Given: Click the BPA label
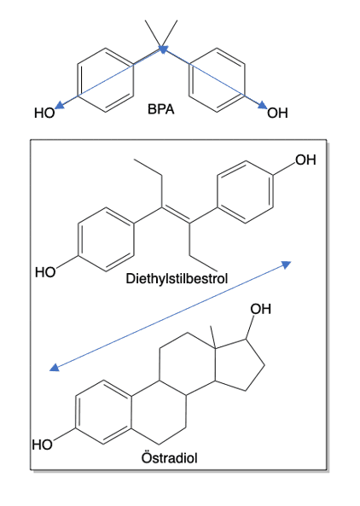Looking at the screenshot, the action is coord(161,109).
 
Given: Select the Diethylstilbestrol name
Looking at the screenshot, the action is coord(177,278).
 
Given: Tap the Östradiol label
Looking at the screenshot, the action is coord(170,457).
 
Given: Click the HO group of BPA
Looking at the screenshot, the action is coord(44,113).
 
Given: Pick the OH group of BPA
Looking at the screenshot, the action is coord(277,113).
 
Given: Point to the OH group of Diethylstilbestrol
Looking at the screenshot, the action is coord(305,160).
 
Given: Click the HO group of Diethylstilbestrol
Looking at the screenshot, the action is coord(45,272).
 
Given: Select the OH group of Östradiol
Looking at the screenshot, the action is coord(261,309).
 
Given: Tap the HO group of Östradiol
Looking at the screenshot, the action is coord(43,445).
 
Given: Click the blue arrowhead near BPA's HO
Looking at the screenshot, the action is coord(60,105).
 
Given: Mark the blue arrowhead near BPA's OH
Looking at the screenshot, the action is coord(263,105).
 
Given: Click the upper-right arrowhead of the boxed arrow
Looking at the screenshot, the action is coord(287,265).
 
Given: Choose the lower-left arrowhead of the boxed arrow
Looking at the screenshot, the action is coord(55,367).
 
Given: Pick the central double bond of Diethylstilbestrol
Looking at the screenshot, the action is coord(176,215).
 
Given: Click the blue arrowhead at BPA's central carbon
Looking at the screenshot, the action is coord(163,49).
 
